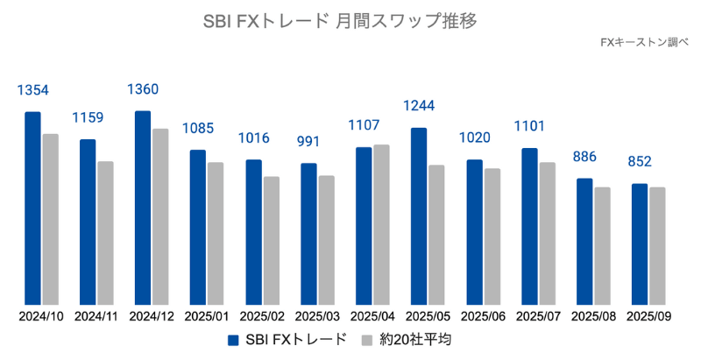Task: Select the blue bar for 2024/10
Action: (x=32, y=208)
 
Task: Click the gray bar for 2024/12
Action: (x=160, y=215)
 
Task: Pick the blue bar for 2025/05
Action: (x=419, y=215)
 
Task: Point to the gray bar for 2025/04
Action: (x=381, y=223)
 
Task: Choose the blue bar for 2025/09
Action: (x=640, y=244)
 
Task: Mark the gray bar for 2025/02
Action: (x=271, y=240)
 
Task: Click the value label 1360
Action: (x=144, y=89)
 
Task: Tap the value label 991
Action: (x=308, y=143)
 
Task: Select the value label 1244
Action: (x=419, y=106)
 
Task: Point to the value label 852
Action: (x=640, y=162)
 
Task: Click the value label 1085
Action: (x=199, y=129)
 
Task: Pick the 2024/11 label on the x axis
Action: (x=97, y=315)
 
